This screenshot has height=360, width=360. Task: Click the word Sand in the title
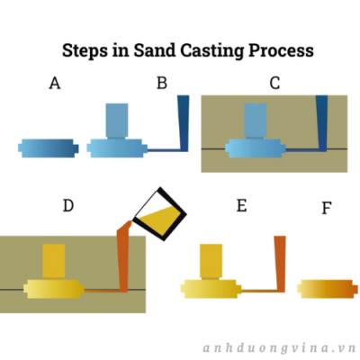pos(155,50)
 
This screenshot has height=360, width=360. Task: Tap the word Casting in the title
pos(212,51)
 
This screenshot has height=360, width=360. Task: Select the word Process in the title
pos(281,50)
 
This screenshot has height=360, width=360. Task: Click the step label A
pos(55,83)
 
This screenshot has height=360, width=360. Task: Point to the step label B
pos(162,83)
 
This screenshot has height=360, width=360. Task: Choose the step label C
pos(274,83)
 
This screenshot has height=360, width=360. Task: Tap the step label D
pos(68,205)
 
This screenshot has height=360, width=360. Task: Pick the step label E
pos(242,205)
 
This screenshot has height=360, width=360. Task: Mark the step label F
pos(327,208)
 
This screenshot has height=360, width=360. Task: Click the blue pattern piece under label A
pos(49,148)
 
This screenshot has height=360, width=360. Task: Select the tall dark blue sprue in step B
pos(184,123)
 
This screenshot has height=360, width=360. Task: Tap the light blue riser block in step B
pos(117,121)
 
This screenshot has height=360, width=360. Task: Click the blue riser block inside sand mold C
pos(256,121)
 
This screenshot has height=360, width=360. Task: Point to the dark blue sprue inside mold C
pos(322,123)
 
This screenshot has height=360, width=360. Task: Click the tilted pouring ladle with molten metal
pos(159,213)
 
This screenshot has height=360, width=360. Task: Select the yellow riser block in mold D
pos(54,261)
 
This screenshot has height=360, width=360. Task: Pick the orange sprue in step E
pos(280,264)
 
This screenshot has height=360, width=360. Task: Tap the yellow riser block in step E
pos(211,261)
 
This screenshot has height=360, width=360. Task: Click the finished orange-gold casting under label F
pos(328,289)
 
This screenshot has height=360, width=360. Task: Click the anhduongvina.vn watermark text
pos(279,348)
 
